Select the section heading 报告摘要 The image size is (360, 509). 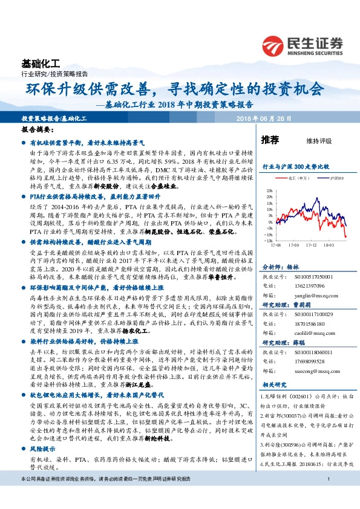click(37, 130)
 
